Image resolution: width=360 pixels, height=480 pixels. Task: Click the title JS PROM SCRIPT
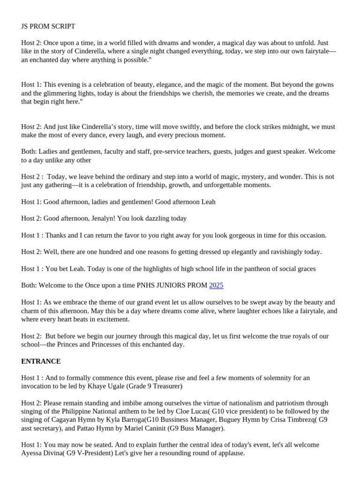(48, 27)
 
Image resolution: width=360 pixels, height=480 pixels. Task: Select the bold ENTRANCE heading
(41, 361)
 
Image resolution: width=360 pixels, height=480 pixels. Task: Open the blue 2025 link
(217, 285)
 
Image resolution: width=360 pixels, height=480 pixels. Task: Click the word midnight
(294, 127)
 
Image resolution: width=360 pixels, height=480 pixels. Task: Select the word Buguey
(212, 420)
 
